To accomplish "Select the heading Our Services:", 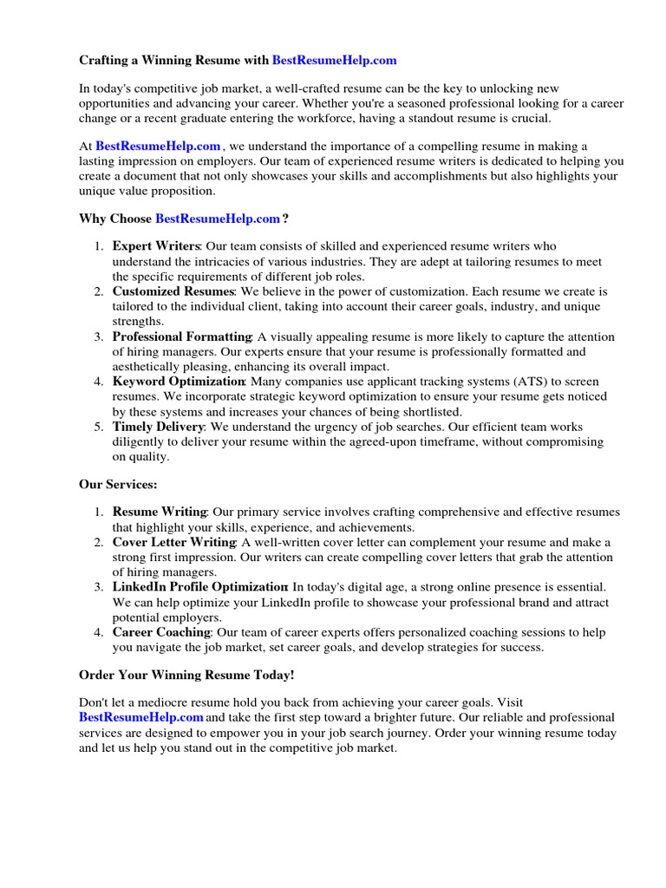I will [118, 485].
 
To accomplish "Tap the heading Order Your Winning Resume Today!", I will [186, 675].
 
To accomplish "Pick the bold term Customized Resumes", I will [173, 291].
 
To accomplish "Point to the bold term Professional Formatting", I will [182, 336].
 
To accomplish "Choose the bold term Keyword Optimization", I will [180, 382].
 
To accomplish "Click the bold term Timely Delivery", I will [158, 427].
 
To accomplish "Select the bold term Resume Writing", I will [160, 513].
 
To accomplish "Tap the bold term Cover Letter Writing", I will [174, 542].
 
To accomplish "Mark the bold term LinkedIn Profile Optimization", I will [199, 587].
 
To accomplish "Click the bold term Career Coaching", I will [161, 632].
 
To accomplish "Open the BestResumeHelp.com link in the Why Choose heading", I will [218, 219].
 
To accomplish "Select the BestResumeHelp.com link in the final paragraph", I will [141, 717].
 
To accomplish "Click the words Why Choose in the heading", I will [115, 219].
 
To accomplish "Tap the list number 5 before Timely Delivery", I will [99, 427].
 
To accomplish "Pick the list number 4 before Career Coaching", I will [99, 632].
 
